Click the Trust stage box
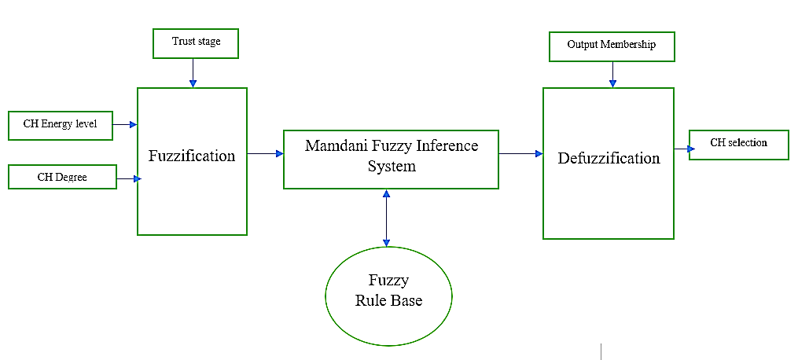[x=195, y=42]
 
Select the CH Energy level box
[x=61, y=124]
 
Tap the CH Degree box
[x=62, y=177]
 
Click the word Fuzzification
[x=192, y=156]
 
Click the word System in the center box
[x=392, y=167]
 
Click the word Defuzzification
[x=609, y=158]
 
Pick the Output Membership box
[x=611, y=46]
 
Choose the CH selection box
[x=738, y=144]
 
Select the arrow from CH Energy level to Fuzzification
[x=125, y=124]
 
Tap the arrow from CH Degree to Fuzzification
[x=128, y=179]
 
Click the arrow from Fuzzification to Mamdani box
[x=265, y=154]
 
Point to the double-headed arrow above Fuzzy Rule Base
[x=386, y=218]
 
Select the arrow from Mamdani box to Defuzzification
[x=520, y=154]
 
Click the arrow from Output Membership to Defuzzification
[x=612, y=74]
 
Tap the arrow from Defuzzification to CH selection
[x=682, y=148]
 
